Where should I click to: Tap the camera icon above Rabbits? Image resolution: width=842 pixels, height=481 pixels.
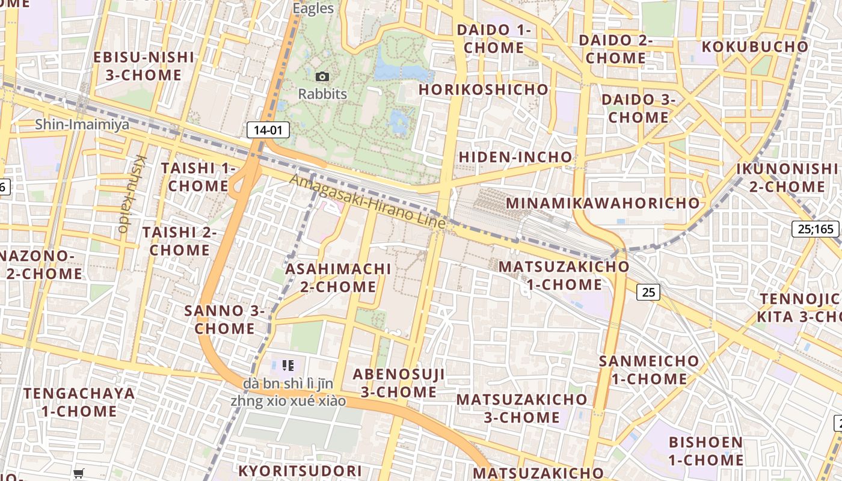(322, 76)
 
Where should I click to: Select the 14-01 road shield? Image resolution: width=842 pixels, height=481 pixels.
(268, 130)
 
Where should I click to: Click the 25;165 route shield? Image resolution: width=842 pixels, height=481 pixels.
(816, 228)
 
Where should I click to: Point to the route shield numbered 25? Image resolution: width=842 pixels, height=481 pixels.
(648, 292)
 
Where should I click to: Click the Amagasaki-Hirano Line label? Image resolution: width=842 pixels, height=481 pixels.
(369, 201)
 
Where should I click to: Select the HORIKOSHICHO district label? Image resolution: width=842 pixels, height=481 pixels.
(484, 90)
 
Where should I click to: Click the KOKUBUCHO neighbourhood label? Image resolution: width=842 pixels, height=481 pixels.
(755, 46)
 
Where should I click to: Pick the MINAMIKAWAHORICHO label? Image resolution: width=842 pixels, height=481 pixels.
(603, 203)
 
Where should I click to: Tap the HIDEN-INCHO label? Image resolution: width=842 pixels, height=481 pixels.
(515, 157)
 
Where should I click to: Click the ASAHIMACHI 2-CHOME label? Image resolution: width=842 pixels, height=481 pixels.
(338, 277)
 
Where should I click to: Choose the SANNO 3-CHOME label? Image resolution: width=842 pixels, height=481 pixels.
(224, 319)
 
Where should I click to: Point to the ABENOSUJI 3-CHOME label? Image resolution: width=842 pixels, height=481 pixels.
(399, 383)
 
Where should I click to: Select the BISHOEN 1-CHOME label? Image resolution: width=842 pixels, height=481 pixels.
(706, 451)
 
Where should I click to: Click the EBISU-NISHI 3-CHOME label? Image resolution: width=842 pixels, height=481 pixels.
(144, 66)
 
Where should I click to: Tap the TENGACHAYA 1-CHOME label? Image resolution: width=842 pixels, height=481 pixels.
(79, 402)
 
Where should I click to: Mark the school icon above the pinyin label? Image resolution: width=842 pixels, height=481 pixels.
(287, 365)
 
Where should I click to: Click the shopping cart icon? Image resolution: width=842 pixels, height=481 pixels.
(79, 473)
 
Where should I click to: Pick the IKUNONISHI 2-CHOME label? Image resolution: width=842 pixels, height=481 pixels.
(787, 177)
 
